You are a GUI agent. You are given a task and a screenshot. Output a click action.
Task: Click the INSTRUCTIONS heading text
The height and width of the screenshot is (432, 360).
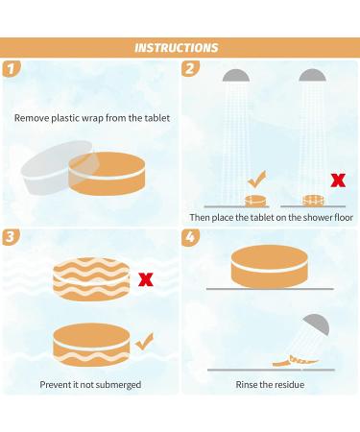click(177, 48)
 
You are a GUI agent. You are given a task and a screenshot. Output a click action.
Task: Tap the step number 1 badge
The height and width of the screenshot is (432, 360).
click(12, 68)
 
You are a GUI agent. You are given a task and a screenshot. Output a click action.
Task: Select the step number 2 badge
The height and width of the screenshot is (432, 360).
click(190, 68)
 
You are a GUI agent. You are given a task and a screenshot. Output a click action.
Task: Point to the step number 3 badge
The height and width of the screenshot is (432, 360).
click(12, 237)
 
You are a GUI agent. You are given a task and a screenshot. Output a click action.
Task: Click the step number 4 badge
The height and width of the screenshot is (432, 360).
click(190, 237)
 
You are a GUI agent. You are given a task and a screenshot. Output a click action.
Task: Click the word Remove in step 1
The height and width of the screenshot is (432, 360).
click(32, 118)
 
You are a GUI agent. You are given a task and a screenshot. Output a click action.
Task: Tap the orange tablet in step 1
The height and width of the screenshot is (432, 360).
click(107, 174)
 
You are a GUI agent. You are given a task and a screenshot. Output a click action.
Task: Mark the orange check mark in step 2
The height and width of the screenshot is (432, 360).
click(256, 180)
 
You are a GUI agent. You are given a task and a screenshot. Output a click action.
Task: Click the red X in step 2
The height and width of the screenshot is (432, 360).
click(338, 180)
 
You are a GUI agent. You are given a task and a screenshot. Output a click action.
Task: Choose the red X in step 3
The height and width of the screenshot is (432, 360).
click(146, 279)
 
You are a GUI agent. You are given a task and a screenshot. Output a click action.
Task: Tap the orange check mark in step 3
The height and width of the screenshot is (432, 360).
click(144, 341)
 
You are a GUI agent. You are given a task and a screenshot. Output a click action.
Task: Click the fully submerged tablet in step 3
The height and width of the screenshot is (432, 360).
click(91, 279)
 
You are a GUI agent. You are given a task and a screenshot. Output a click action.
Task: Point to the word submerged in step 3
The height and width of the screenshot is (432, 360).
click(118, 385)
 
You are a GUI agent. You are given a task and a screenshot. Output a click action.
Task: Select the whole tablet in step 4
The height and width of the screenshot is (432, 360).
click(269, 267)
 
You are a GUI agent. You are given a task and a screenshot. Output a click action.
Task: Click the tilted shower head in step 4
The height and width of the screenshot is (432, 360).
click(316, 324)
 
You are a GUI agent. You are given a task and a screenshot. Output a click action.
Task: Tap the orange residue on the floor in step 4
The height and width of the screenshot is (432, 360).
click(296, 361)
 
